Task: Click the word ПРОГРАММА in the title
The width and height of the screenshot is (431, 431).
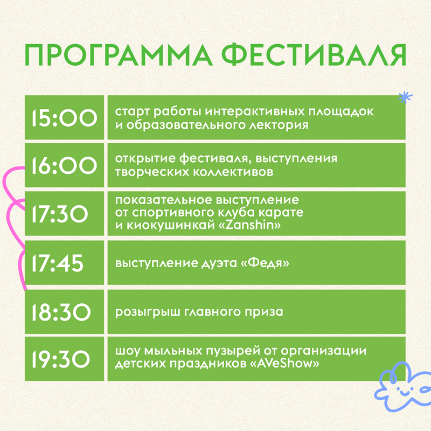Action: [x=119, y=55]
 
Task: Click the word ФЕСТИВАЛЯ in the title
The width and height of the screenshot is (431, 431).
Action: [x=314, y=55]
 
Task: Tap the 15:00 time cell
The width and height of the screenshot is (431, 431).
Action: [x=64, y=117]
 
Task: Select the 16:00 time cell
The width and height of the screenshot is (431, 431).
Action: [x=64, y=165]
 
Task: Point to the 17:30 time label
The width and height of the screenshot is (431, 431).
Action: [x=60, y=214]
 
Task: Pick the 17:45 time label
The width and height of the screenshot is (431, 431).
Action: [x=58, y=263]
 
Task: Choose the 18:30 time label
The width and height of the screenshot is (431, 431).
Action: [x=61, y=312]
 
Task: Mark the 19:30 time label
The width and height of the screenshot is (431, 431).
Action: [x=61, y=359]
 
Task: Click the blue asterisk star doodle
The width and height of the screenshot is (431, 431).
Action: [x=406, y=98]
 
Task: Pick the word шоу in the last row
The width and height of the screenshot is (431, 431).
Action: [x=128, y=351]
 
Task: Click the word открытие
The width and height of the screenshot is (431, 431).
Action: [x=145, y=159]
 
